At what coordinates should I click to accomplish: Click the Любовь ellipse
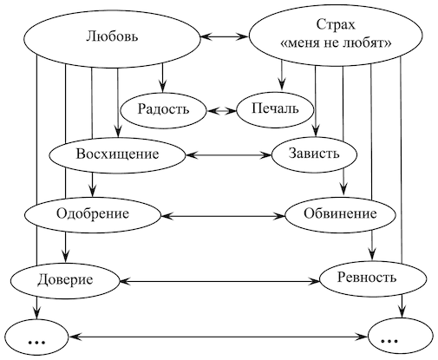(x=112, y=37)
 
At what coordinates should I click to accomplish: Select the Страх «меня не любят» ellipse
(x=336, y=35)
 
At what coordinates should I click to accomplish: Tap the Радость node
(x=163, y=110)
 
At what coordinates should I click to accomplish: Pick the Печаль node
(x=275, y=109)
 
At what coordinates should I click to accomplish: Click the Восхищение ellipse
(x=117, y=155)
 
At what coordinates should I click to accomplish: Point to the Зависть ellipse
(x=314, y=154)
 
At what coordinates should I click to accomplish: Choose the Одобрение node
(x=92, y=215)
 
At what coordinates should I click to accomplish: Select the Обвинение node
(x=340, y=214)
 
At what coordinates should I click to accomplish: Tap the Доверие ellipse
(x=65, y=280)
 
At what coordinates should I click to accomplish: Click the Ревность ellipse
(x=373, y=278)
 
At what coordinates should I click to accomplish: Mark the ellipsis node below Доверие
(x=36, y=337)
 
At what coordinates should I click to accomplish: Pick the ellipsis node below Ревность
(x=401, y=337)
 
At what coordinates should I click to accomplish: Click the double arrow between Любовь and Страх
(x=225, y=36)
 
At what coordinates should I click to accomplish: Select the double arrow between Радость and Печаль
(x=222, y=110)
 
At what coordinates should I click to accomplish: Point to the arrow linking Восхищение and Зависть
(x=228, y=155)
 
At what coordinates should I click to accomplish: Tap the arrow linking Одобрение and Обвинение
(x=223, y=216)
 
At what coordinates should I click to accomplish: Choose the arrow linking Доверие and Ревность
(x=219, y=281)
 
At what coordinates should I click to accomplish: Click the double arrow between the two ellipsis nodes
(x=219, y=337)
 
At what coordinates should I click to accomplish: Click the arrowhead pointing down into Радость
(x=162, y=87)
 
